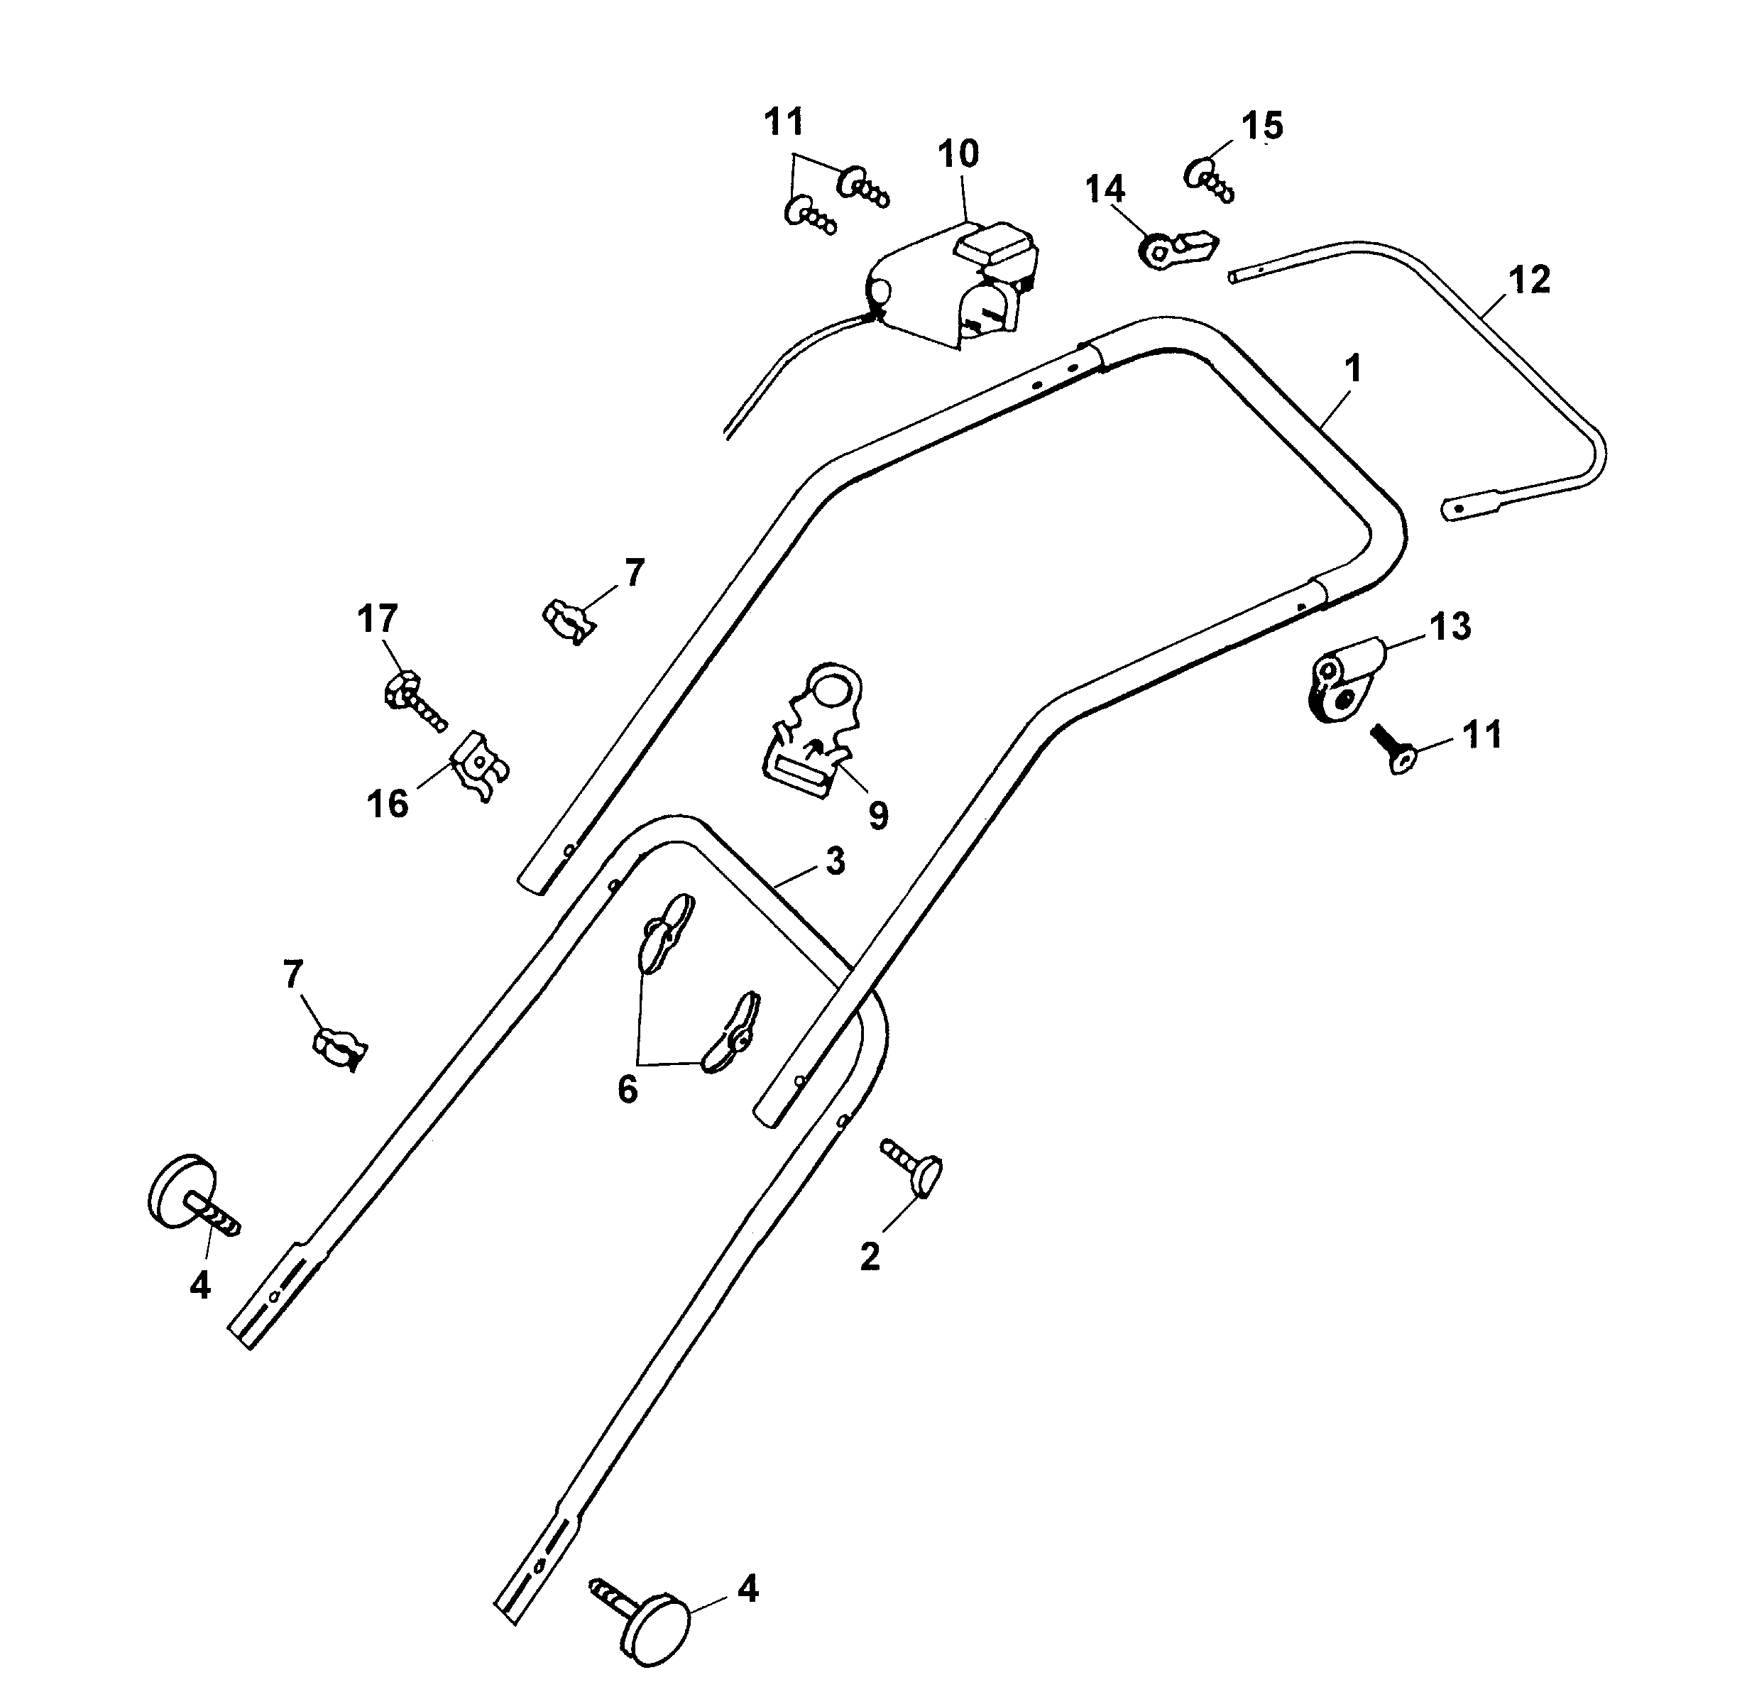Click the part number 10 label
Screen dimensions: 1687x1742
(958, 154)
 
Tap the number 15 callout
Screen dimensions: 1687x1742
(1262, 126)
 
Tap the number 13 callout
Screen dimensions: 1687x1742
(1450, 627)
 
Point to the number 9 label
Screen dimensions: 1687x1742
(878, 814)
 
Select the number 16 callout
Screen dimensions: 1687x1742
(388, 804)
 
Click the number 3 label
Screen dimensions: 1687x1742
(835, 861)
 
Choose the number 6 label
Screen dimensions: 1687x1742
(628, 1089)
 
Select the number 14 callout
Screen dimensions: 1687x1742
(1105, 190)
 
